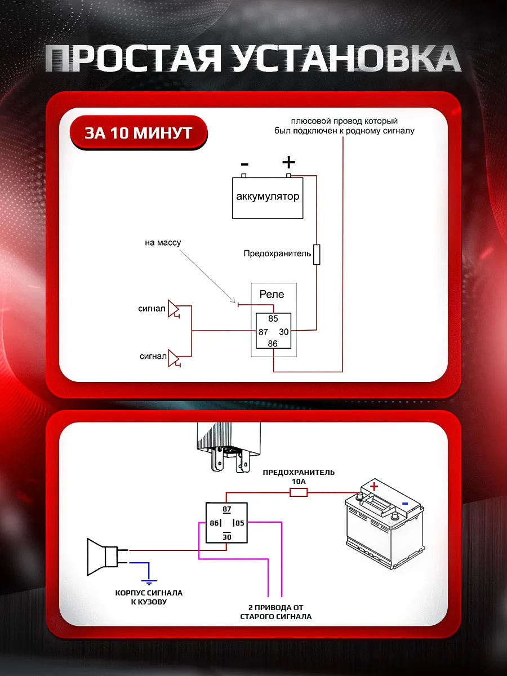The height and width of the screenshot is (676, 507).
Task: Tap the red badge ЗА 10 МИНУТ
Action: point(139,133)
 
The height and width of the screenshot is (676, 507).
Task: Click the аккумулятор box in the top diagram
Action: point(268,198)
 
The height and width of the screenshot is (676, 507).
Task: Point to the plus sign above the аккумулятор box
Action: point(288,163)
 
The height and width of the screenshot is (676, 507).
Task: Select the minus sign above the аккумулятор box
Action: point(244,164)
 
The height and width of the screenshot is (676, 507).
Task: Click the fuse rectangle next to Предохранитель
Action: point(317,254)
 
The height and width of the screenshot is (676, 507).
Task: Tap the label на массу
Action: point(163,243)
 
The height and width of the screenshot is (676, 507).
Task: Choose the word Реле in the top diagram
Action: point(272,294)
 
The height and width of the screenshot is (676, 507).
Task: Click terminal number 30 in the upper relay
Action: point(284,332)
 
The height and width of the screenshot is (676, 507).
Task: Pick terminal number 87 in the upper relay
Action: point(263,332)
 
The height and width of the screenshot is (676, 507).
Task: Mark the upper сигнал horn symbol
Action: point(174,309)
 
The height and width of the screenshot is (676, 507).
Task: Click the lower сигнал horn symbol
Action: point(174,358)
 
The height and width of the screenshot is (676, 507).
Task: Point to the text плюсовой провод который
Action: point(344,121)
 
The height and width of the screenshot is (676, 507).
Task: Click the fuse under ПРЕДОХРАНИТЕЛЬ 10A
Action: point(299,492)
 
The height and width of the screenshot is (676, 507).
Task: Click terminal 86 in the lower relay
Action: point(214,523)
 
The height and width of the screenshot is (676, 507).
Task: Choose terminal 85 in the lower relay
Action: point(240,523)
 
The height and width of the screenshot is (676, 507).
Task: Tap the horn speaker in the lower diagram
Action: point(101,557)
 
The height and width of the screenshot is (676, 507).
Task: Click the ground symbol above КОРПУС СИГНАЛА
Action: point(149,581)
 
